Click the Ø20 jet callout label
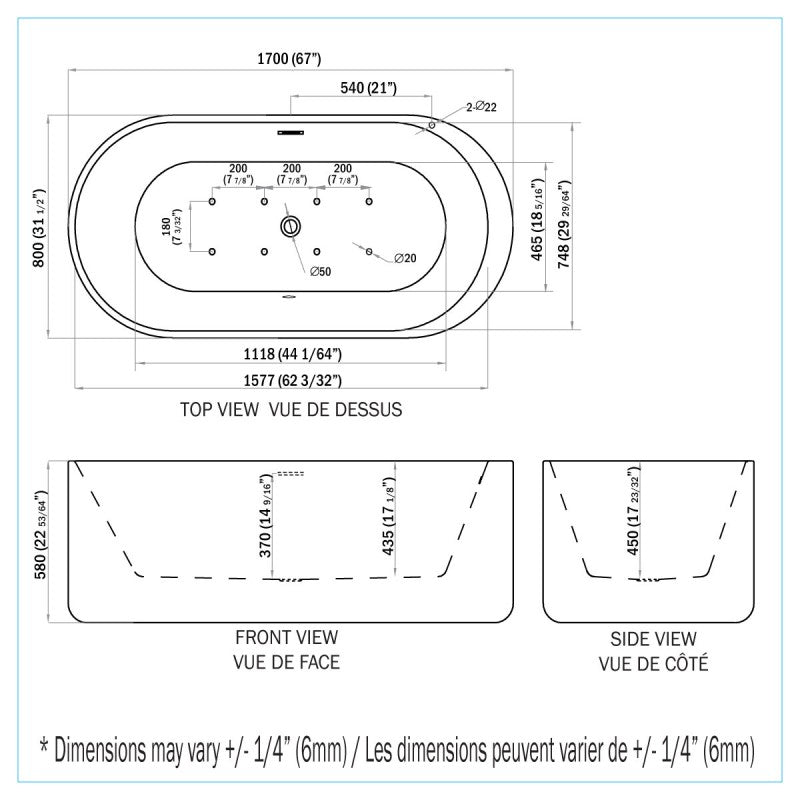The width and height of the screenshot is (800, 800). (405, 259)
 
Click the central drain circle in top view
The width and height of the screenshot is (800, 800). (291, 226)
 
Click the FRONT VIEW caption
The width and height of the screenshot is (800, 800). (287, 637)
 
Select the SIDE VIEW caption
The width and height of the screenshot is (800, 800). (653, 639)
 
